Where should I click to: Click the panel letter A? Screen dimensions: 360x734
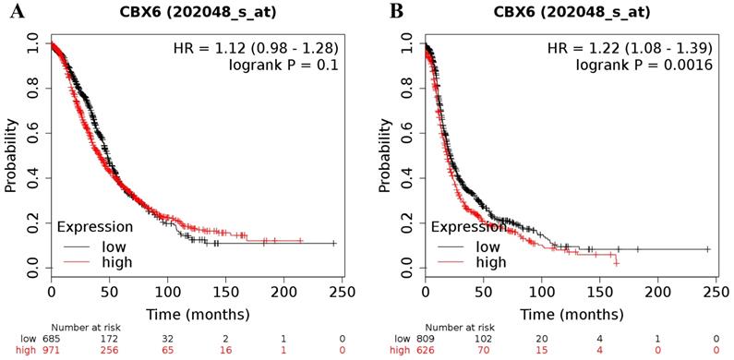[x=15, y=11]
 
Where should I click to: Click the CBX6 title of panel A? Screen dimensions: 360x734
[x=196, y=13]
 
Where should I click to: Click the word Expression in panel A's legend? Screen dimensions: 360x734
[x=95, y=226]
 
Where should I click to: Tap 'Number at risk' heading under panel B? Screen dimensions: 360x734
[x=459, y=328]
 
